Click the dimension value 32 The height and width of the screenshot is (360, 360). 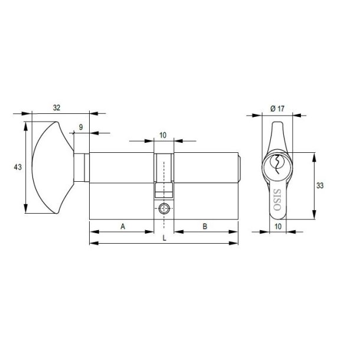tap(57, 107)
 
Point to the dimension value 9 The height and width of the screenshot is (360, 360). tap(80, 127)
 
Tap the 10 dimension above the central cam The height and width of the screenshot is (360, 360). tap(163, 135)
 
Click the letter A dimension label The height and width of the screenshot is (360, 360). tap(122, 226)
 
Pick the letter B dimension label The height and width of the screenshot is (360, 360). tap(205, 226)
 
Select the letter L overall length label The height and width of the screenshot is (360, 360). tap(163, 238)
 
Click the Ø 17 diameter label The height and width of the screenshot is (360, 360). tap(277, 108)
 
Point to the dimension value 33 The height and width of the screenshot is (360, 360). tap(320, 185)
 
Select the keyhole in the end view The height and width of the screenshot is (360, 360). tap(276, 163)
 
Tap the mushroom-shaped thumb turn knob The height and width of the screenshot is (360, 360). tap(50, 168)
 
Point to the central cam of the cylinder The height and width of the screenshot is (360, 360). tap(164, 177)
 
